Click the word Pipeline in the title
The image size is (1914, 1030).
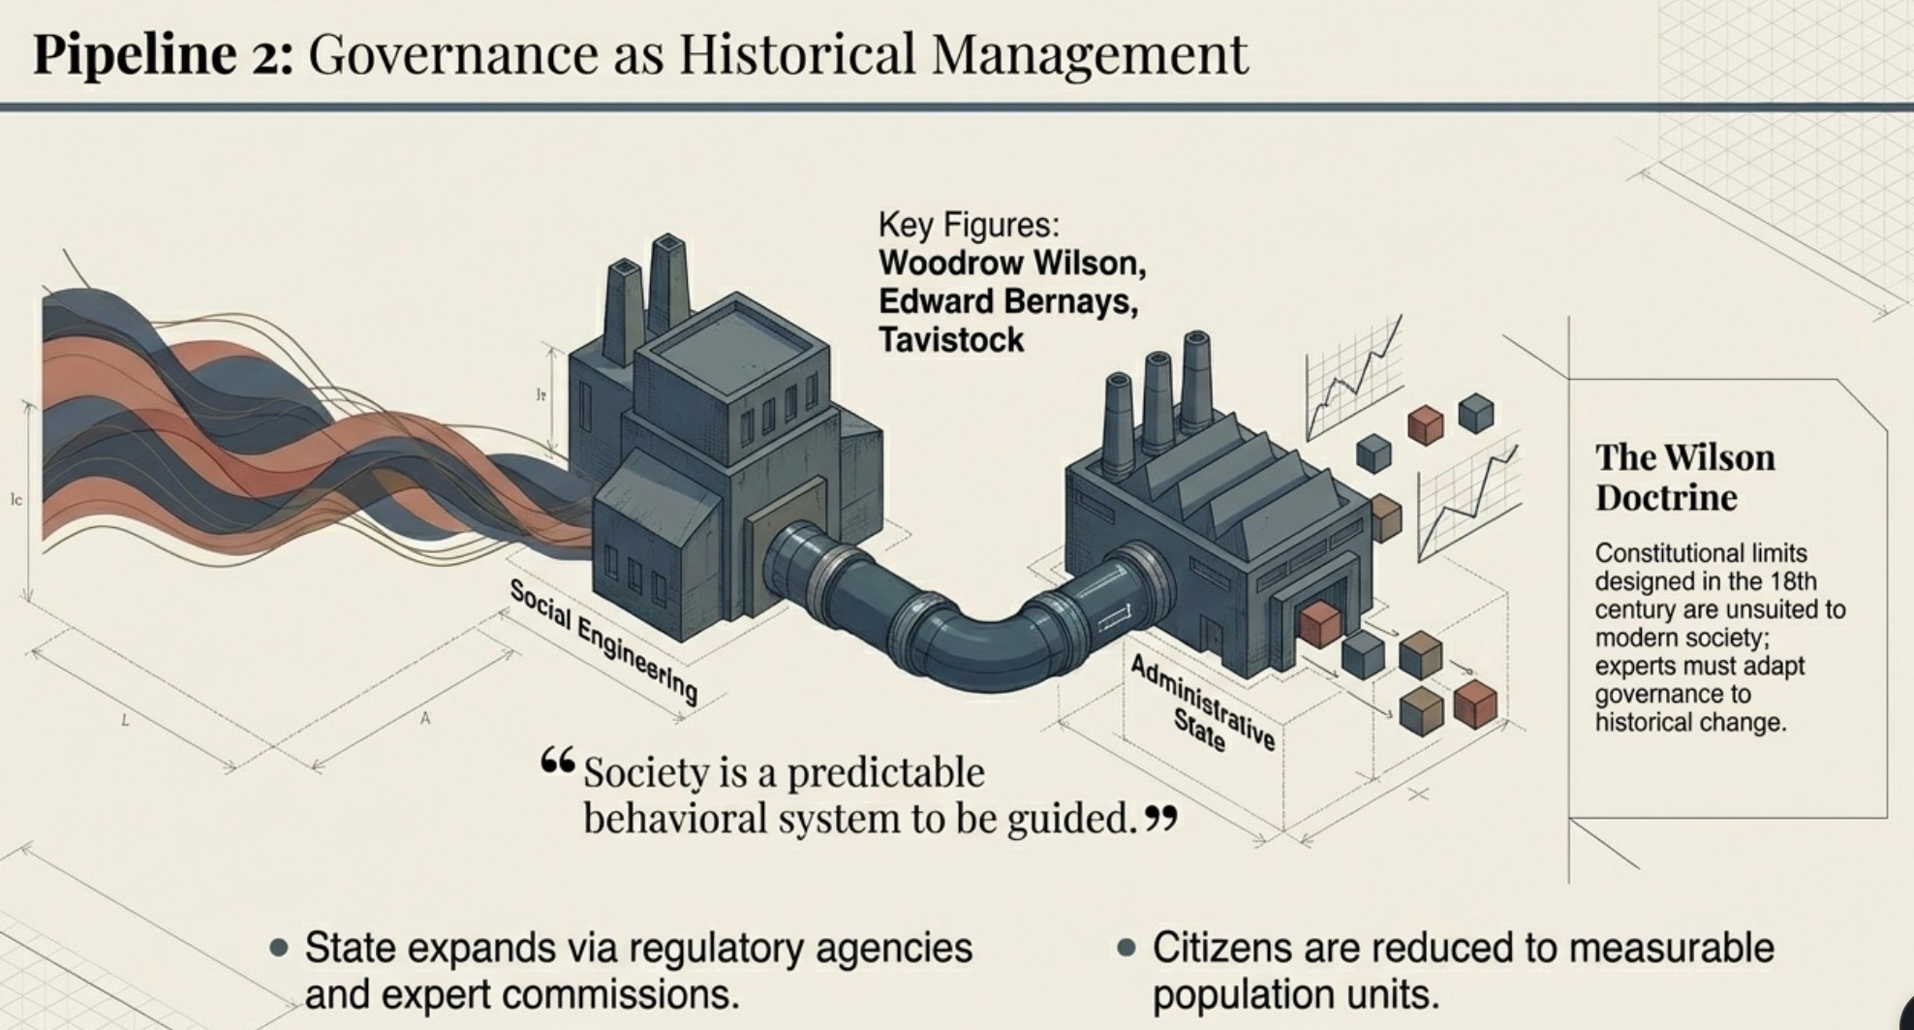coord(135,54)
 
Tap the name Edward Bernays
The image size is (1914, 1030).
coord(1007,301)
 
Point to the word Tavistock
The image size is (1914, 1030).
coord(950,340)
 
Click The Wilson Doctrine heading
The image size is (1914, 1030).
coord(1684,477)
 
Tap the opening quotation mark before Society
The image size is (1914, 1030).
coord(558,762)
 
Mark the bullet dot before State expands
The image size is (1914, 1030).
coord(280,948)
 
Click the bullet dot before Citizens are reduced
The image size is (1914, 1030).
coord(1126,948)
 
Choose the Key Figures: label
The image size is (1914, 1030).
coord(968,225)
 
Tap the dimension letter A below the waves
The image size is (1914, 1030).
coord(424,718)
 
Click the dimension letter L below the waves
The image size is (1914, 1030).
coord(124,720)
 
